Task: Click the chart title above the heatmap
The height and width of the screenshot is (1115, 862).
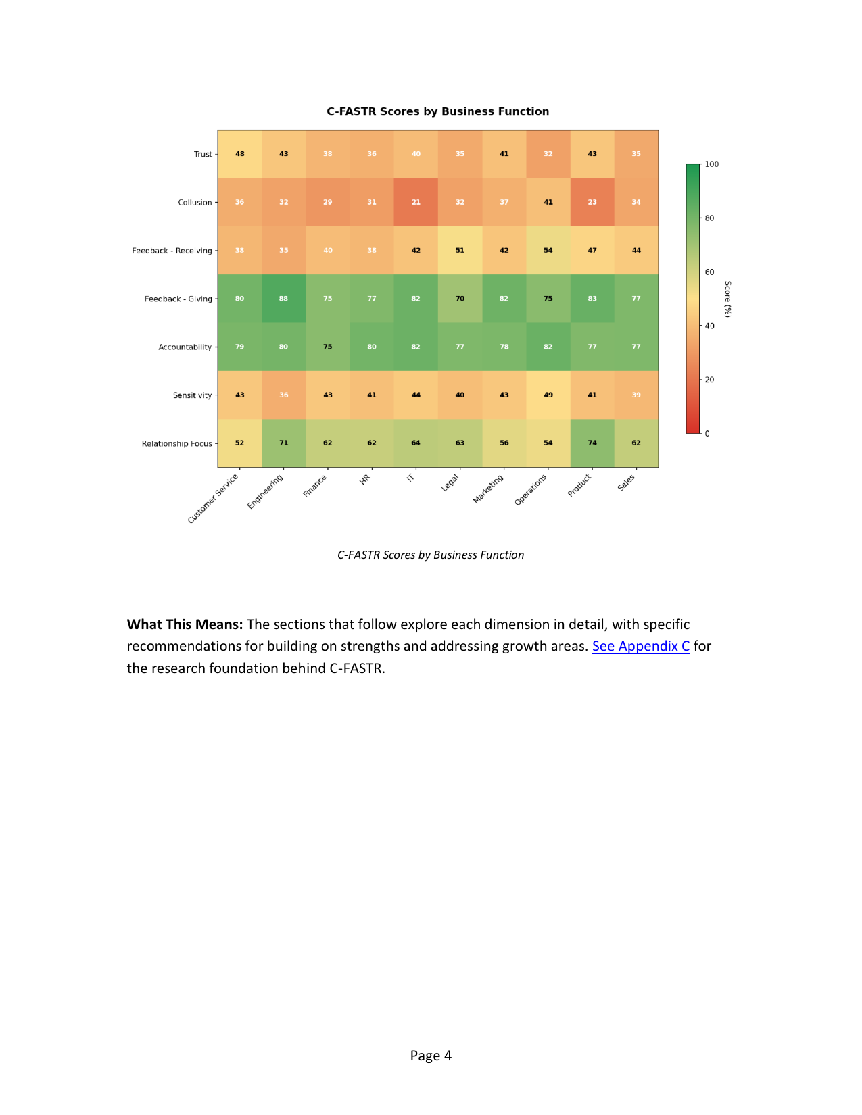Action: pos(437,111)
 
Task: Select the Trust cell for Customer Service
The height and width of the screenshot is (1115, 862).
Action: pos(239,154)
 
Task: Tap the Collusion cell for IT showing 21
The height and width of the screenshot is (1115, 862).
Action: pos(416,202)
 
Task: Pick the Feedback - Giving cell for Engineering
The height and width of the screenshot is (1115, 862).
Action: pos(283,299)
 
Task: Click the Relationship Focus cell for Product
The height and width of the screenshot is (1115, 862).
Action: pos(592,443)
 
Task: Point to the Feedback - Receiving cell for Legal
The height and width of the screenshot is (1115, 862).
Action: pos(460,251)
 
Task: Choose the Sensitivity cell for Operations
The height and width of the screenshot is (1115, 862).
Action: pos(548,395)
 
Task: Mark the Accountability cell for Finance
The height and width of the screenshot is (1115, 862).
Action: pos(328,347)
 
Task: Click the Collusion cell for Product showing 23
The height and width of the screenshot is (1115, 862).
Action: pos(592,202)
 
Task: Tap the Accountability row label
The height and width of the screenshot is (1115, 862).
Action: pos(185,347)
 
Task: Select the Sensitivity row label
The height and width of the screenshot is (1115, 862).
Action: pos(192,395)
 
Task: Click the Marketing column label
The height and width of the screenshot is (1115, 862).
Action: pos(488,489)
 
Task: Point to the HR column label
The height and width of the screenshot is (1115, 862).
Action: pos(365,479)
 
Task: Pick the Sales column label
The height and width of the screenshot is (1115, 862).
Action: pos(626,482)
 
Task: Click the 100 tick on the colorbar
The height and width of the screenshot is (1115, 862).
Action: pos(712,164)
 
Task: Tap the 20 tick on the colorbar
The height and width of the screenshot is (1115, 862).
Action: pos(709,380)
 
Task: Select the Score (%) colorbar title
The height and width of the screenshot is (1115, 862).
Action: pos(728,299)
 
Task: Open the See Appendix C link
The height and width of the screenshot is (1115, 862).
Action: pos(641,646)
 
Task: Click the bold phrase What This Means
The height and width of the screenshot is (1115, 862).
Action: pos(185,624)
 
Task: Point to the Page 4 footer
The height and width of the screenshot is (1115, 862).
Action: pos(431,1056)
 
